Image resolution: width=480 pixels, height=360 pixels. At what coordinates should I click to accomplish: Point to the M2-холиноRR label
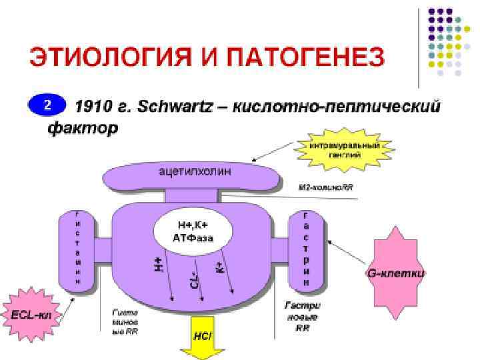pyautogui.click(x=326, y=187)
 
